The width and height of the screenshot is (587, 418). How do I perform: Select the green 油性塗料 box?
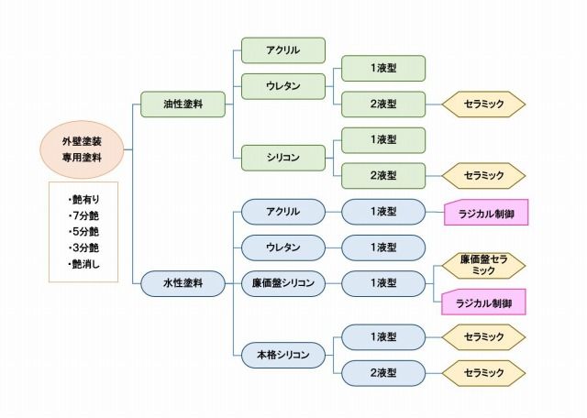click(x=183, y=104)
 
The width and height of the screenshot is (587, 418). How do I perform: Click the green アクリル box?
click(x=283, y=49)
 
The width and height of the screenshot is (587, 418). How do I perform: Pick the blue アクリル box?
click(x=283, y=212)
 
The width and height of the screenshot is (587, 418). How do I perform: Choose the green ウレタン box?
click(x=283, y=86)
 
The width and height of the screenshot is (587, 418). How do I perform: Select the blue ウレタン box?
click(x=283, y=247)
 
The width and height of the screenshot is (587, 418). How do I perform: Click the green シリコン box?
click(x=283, y=158)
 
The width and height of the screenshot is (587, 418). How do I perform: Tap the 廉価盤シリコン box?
click(x=283, y=283)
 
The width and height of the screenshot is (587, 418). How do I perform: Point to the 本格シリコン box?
click(x=283, y=355)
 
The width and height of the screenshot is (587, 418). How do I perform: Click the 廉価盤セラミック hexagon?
click(x=484, y=266)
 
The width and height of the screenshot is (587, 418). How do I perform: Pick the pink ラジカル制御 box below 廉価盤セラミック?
click(x=484, y=302)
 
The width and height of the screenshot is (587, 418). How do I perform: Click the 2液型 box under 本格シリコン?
click(x=383, y=373)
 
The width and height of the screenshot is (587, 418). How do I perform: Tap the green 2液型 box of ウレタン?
click(x=383, y=104)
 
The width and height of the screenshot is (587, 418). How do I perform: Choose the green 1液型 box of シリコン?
click(x=383, y=139)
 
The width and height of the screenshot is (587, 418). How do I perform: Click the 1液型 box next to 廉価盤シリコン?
click(x=383, y=283)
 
